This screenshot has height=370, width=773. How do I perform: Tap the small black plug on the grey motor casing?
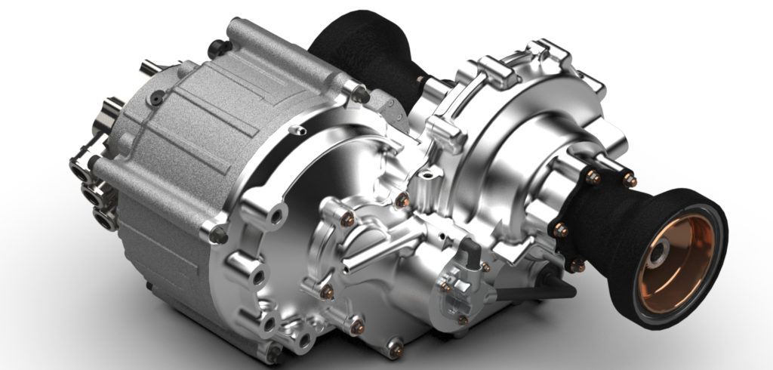(x=157, y=97)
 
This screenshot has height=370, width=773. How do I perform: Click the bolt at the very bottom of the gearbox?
(x=393, y=347)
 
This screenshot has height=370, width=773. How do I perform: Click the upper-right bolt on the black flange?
(x=628, y=180)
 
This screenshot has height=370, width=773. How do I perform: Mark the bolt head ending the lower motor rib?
(x=220, y=234)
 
